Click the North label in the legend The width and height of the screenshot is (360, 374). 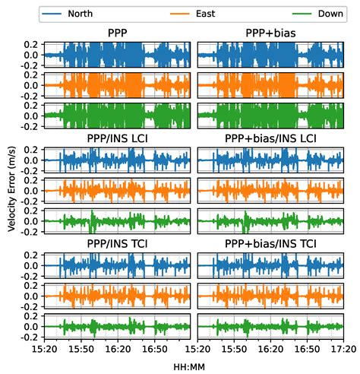(x=80, y=14)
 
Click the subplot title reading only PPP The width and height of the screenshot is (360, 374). (x=118, y=33)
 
